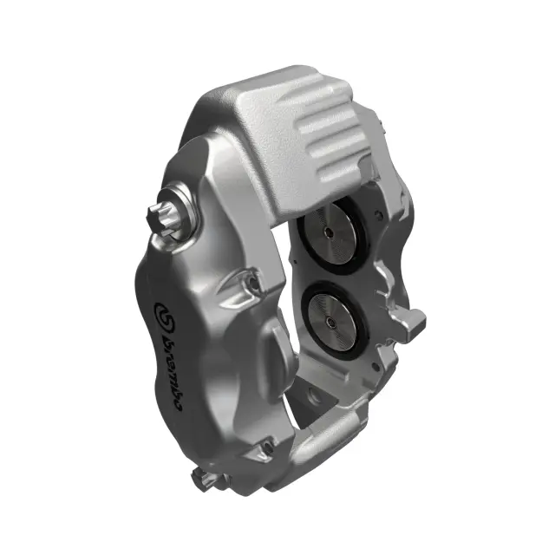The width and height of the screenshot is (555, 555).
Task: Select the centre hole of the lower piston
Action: [x=332, y=318]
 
